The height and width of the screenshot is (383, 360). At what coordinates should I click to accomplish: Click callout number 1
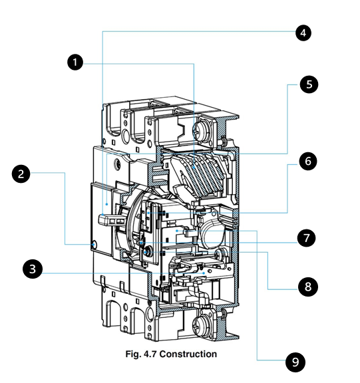(x=75, y=63)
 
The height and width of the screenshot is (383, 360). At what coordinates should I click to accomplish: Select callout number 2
(x=21, y=174)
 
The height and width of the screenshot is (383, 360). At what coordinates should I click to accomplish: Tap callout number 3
(x=32, y=269)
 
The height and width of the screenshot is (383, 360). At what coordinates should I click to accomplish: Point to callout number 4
(x=303, y=33)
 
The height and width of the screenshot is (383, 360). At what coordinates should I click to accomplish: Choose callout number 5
(x=309, y=84)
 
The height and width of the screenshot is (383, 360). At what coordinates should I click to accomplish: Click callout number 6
(x=307, y=161)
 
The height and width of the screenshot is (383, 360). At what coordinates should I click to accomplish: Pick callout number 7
(x=306, y=238)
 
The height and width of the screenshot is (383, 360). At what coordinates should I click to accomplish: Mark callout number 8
(x=308, y=287)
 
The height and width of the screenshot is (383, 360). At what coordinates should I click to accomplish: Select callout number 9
(x=295, y=362)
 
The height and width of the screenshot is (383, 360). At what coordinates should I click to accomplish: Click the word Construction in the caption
(x=188, y=354)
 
